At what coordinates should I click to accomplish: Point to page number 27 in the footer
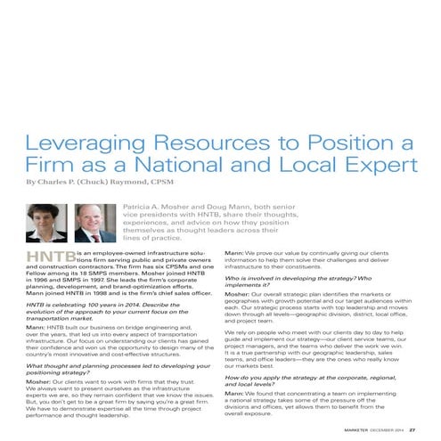[x=412, y=430]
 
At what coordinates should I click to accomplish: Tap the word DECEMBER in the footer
[x=372, y=430]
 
